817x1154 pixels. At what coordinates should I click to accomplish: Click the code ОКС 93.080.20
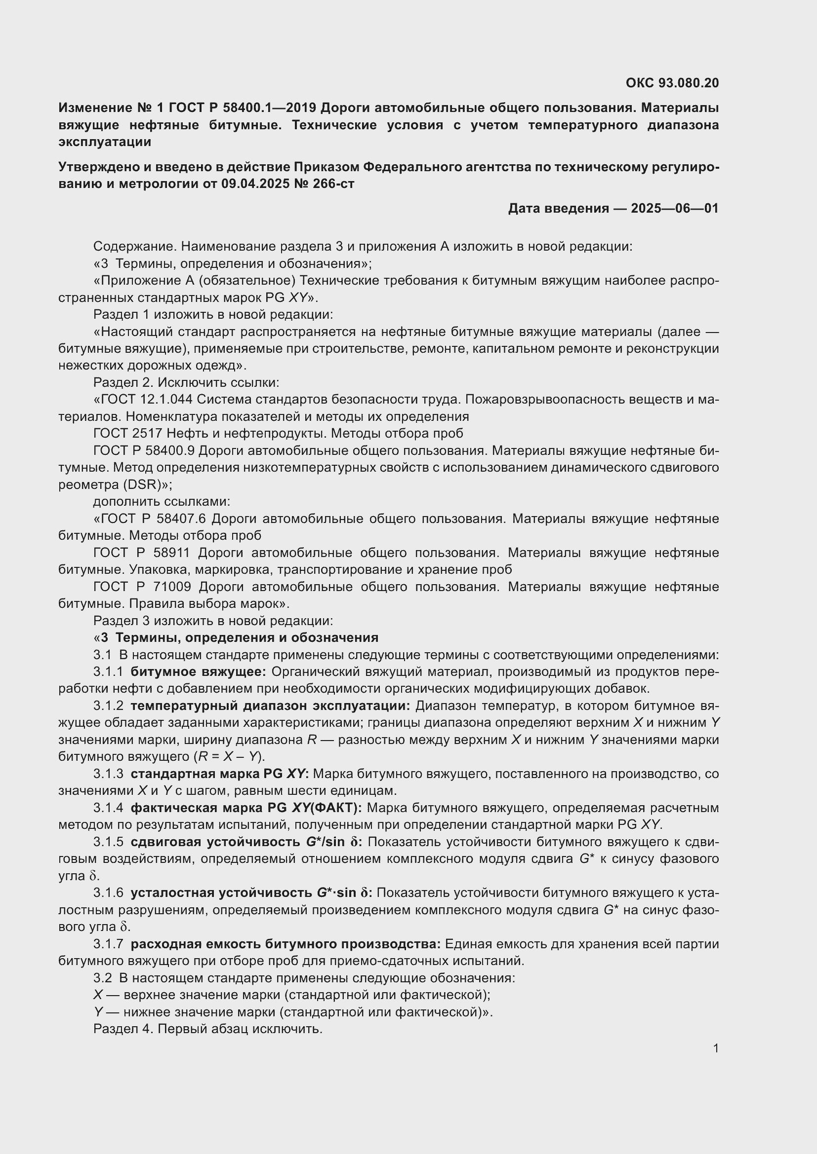tap(672, 83)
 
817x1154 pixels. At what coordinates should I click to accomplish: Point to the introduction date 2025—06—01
tap(675, 209)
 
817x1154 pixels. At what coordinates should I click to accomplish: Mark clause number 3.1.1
tap(108, 672)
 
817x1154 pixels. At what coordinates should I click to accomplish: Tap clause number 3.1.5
tap(108, 842)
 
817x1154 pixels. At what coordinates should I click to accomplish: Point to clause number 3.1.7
tap(108, 944)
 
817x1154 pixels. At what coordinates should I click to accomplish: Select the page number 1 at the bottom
tap(716, 1048)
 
